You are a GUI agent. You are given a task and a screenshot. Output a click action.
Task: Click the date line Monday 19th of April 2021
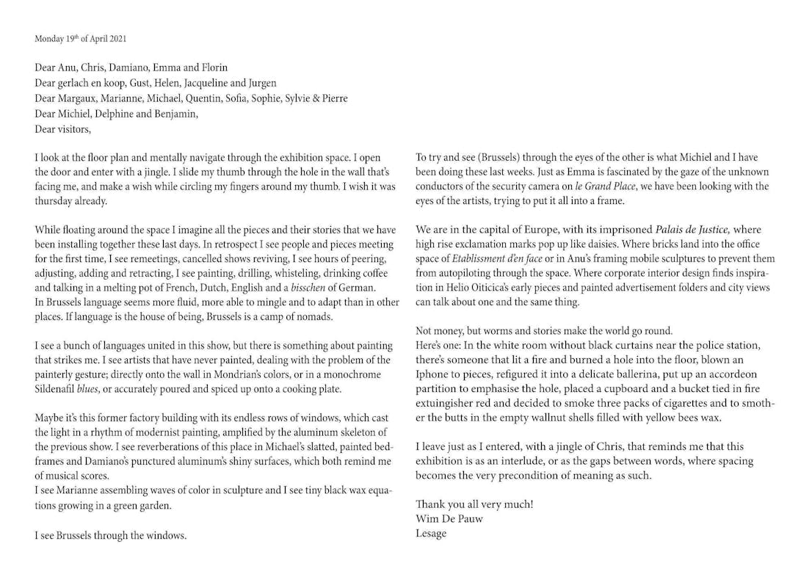point(81,39)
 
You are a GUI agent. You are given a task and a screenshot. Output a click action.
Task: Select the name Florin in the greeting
point(213,68)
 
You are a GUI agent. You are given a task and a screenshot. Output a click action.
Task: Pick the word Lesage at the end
point(431,533)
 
